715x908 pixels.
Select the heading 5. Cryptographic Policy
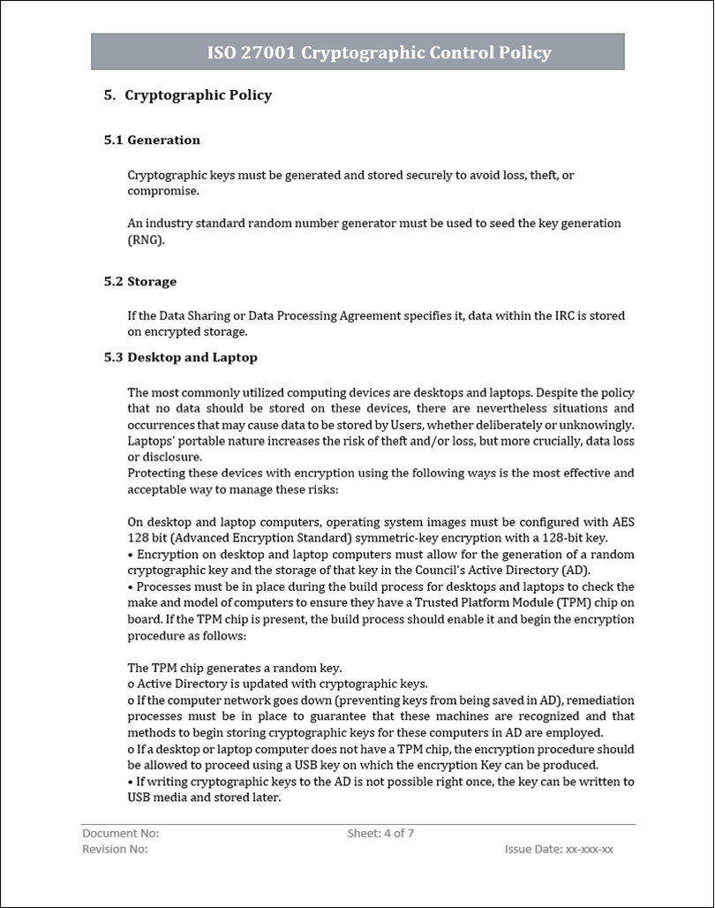coord(188,95)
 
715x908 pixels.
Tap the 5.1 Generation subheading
coord(152,140)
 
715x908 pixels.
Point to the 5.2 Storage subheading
coord(140,282)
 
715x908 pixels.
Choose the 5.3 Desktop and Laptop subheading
coord(181,358)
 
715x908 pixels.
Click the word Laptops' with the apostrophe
coord(151,441)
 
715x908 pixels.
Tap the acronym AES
coord(624,522)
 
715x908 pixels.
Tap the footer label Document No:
coord(120,833)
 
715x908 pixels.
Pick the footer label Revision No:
coord(115,849)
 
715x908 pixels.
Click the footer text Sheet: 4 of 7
coord(380,833)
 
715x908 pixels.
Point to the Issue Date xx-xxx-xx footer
coord(559,849)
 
